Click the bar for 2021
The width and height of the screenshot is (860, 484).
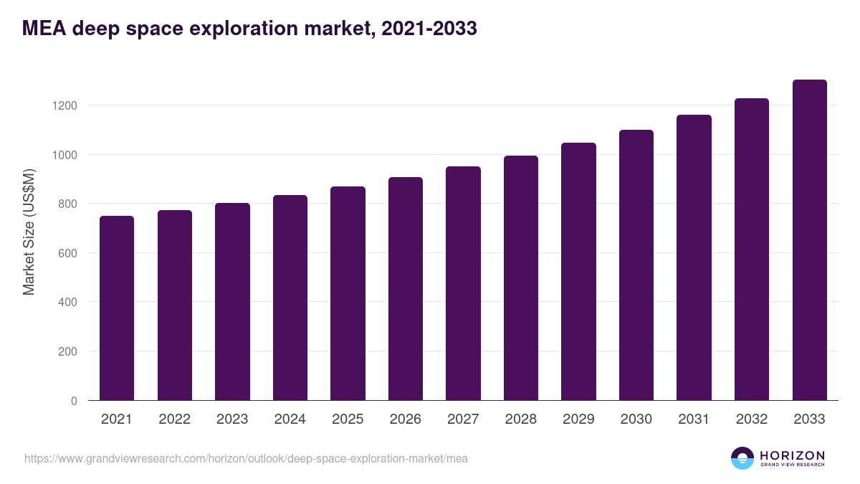click(117, 308)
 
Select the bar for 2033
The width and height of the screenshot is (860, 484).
click(809, 240)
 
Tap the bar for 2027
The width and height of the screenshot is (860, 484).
click(463, 283)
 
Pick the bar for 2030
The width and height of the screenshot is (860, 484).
click(636, 265)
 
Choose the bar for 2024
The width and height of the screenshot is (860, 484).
click(290, 298)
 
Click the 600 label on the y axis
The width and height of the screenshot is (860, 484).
click(67, 253)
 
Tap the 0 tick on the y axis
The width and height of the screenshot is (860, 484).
click(73, 401)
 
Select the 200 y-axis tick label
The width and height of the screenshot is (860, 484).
click(67, 351)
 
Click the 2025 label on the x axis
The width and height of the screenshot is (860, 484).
click(348, 419)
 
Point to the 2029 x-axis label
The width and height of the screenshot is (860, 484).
click(578, 419)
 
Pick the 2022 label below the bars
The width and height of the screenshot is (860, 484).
click(175, 419)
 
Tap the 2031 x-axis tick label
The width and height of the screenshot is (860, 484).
click(694, 419)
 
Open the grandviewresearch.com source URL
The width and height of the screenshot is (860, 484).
click(246, 458)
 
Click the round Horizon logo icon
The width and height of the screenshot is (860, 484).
click(742, 458)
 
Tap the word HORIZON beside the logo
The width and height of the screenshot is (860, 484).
click(792, 455)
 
